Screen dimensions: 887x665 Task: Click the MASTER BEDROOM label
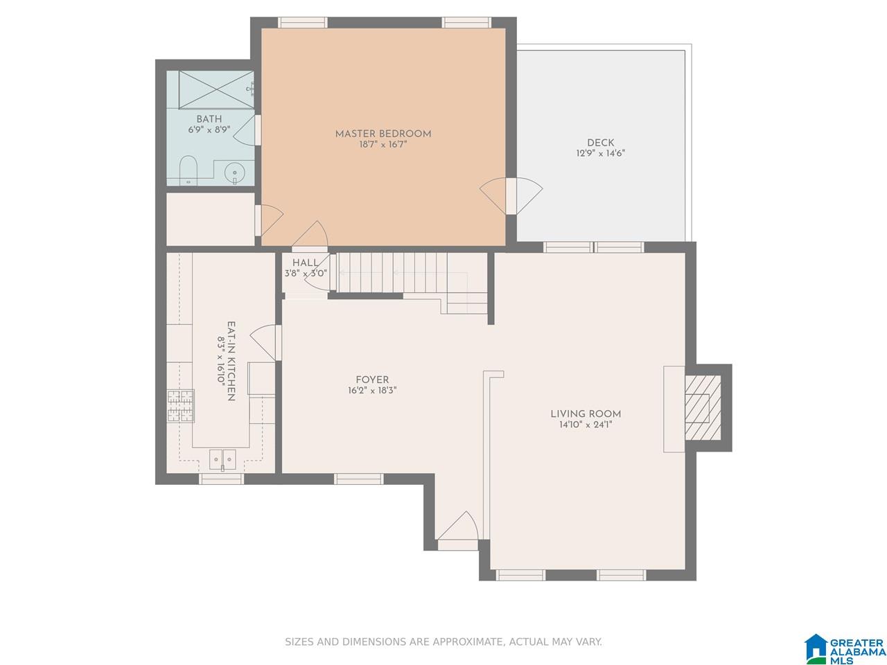(x=383, y=134)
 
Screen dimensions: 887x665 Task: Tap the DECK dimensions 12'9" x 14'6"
(x=601, y=153)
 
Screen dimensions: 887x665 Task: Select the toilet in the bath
(x=188, y=170)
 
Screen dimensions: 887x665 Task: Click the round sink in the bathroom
(x=234, y=173)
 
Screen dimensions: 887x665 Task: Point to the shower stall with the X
(x=216, y=89)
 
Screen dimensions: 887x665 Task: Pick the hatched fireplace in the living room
(x=703, y=407)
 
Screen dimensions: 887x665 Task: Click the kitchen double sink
(x=222, y=459)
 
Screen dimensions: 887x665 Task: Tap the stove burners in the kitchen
(x=181, y=405)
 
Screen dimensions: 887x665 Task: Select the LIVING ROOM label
(x=586, y=414)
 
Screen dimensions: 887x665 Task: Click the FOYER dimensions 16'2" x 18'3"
(x=372, y=391)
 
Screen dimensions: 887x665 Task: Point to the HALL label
(x=305, y=263)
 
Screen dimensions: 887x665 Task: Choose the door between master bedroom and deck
(x=511, y=196)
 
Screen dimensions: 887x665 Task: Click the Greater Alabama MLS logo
(x=844, y=649)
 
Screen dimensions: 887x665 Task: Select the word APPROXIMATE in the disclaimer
(x=468, y=641)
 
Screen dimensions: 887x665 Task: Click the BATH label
(x=209, y=119)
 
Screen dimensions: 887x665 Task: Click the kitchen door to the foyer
(x=265, y=343)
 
